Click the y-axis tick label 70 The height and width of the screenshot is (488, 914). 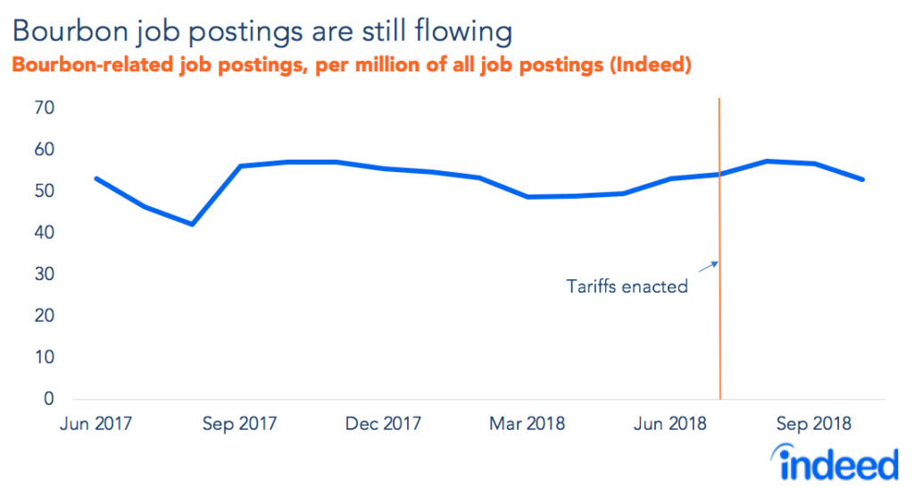(x=44, y=108)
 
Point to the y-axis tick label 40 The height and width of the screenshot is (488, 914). (x=44, y=233)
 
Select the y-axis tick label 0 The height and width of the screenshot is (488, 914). (x=49, y=399)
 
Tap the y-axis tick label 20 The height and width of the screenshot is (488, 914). (x=44, y=316)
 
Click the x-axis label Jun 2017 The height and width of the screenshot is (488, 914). (x=96, y=424)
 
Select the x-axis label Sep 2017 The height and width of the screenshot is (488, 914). (x=238, y=424)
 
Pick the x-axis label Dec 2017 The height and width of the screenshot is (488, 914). (x=383, y=424)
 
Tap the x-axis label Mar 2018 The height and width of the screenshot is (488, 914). (x=527, y=424)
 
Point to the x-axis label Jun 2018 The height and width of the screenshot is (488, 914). (x=670, y=424)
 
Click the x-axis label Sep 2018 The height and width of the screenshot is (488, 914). (x=813, y=424)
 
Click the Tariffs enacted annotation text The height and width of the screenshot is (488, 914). (x=627, y=287)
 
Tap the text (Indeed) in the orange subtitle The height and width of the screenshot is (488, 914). (x=650, y=66)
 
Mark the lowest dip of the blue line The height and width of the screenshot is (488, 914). (x=192, y=224)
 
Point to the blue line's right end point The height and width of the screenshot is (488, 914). (x=863, y=179)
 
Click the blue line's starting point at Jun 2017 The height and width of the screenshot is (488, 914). (x=96, y=178)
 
